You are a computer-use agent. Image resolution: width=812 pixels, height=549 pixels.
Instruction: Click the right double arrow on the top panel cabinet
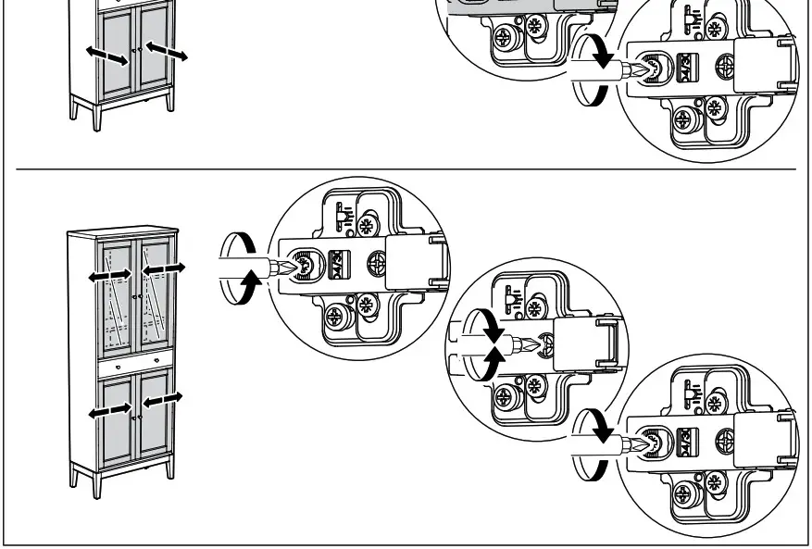click(167, 50)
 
